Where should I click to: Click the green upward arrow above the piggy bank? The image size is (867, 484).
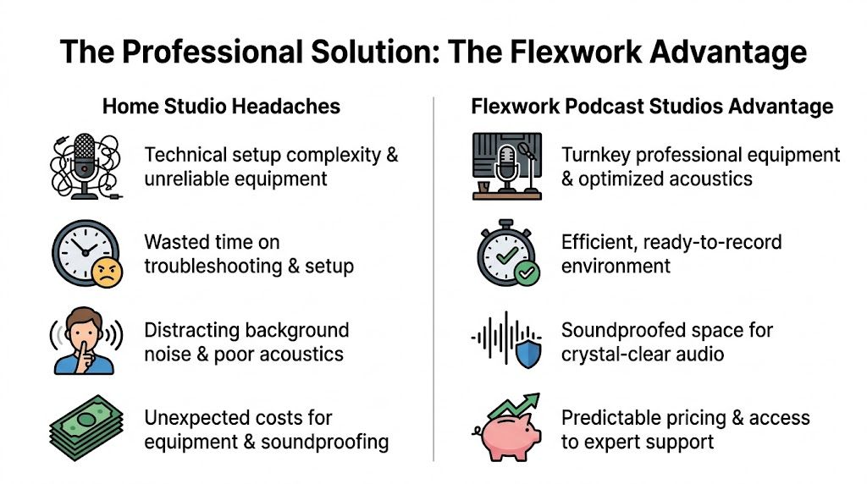click(516, 404)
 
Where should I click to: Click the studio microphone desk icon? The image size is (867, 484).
click(505, 167)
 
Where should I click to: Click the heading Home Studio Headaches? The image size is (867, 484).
click(221, 107)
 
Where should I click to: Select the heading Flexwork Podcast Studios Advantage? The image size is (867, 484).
click(652, 107)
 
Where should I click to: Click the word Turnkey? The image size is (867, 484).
click(596, 155)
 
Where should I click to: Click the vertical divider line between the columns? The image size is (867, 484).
click(433, 279)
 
